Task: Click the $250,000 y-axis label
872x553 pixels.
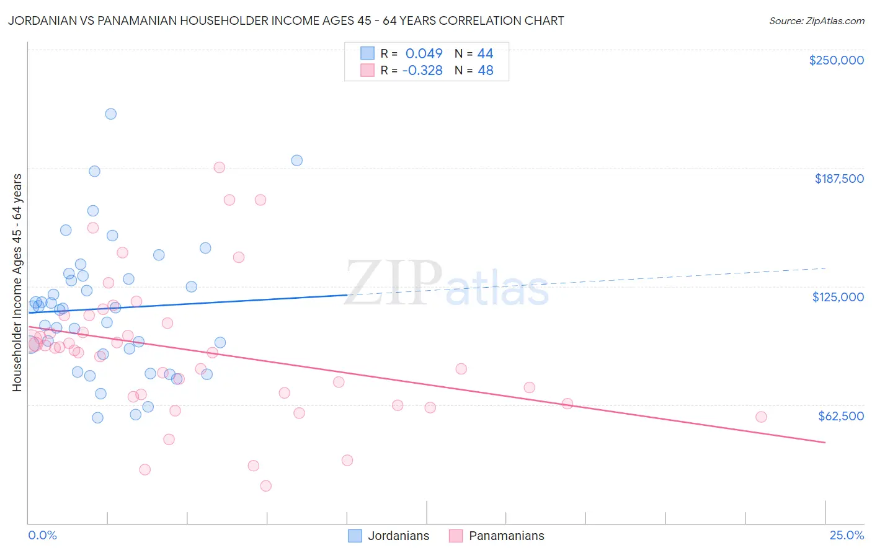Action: [x=836, y=60]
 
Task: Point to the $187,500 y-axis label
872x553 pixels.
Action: [x=839, y=179]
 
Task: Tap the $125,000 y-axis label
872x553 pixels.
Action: [x=838, y=297]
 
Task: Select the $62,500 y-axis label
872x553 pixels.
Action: [x=840, y=416]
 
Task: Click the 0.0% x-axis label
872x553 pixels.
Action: [x=42, y=535]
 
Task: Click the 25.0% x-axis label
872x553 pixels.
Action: [x=847, y=535]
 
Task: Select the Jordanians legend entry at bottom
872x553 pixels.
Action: [x=389, y=536]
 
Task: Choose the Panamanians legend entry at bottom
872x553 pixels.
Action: [x=497, y=536]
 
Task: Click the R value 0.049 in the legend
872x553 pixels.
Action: [x=424, y=53]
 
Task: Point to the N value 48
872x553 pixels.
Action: [x=485, y=70]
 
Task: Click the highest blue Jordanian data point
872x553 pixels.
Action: [x=111, y=113]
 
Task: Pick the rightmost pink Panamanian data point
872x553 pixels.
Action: [x=761, y=417]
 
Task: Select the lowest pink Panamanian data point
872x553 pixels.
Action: [x=266, y=485]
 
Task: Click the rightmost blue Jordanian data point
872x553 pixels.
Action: [x=297, y=160]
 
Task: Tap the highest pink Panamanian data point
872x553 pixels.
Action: [x=219, y=167]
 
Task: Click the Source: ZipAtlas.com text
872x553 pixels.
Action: [x=816, y=20]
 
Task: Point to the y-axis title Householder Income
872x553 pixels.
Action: [x=17, y=282]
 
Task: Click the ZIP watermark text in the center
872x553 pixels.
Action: [x=393, y=283]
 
